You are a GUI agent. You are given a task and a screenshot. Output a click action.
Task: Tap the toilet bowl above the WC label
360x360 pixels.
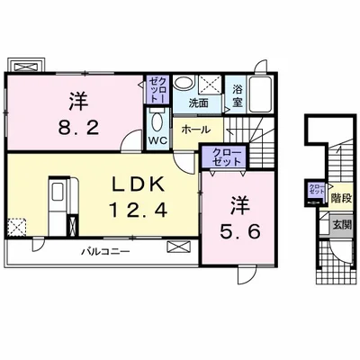(157, 122)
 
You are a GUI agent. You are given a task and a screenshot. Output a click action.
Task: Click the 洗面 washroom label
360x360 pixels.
(198, 103)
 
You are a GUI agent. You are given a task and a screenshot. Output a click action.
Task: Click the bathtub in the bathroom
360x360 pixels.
(262, 93)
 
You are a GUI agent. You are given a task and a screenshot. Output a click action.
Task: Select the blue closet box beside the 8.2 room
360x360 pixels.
(157, 90)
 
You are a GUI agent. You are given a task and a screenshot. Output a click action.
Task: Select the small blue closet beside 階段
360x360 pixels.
(316, 190)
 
